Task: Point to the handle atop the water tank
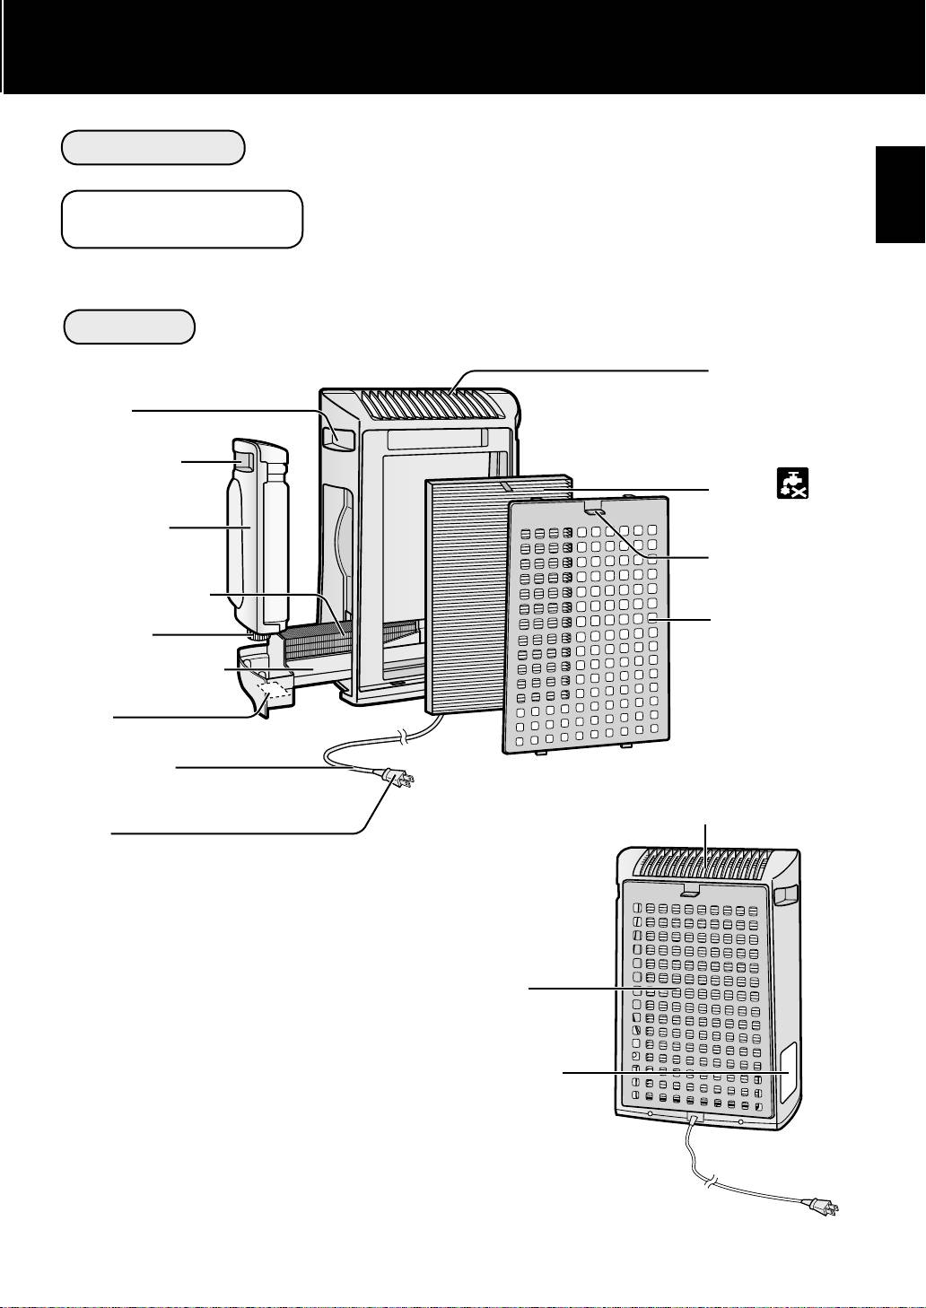point(243,461)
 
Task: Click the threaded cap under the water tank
point(260,636)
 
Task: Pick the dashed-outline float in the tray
point(275,689)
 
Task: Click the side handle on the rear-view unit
point(786,894)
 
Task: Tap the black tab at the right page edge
point(900,194)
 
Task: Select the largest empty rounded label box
point(181,218)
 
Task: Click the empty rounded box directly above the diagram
point(129,327)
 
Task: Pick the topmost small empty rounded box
point(153,147)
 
